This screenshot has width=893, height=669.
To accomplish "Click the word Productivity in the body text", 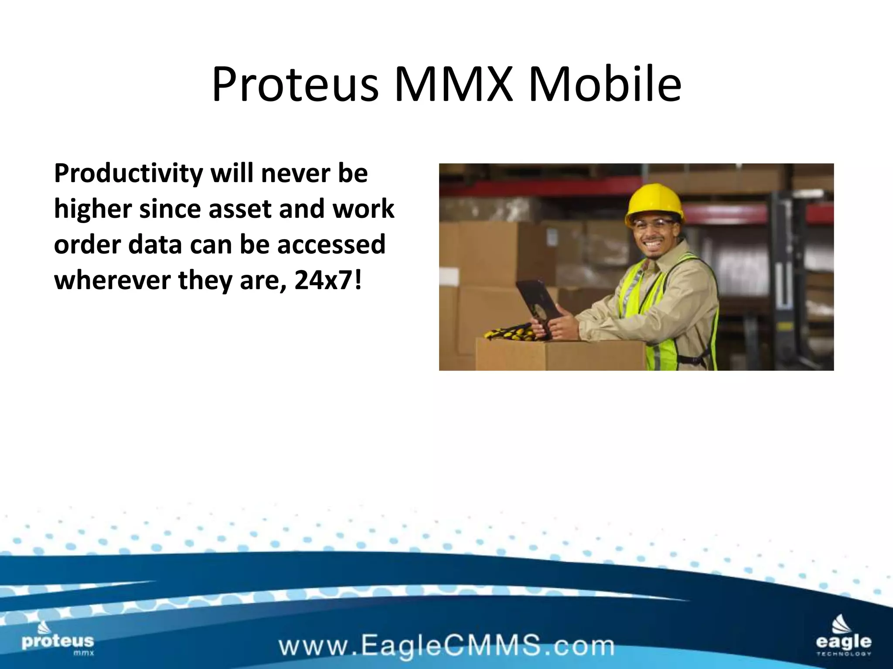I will (x=128, y=174).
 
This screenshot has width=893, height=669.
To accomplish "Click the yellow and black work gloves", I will (x=510, y=333).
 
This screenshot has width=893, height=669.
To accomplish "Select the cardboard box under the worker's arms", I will (x=558, y=355).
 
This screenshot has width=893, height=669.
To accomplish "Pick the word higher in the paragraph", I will (x=93, y=209).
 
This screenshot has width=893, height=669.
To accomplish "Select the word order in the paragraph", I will (x=87, y=245).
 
